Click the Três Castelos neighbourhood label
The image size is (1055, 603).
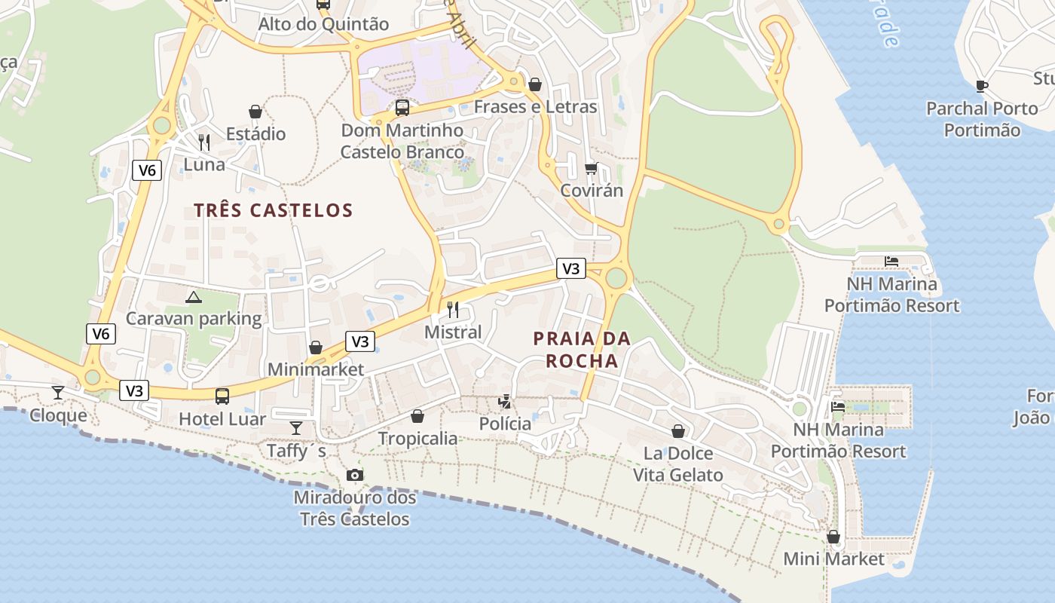click(x=274, y=210)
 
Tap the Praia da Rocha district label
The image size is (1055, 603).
click(x=582, y=350)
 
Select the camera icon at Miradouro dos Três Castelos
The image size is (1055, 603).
click(x=355, y=475)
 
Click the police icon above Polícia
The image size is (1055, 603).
click(x=504, y=402)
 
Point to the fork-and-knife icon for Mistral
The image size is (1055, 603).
click(x=453, y=309)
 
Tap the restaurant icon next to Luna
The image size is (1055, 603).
click(x=203, y=142)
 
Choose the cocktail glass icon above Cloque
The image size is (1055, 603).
click(x=58, y=392)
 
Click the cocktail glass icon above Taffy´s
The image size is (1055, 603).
click(x=296, y=428)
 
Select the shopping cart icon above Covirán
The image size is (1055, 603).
click(x=592, y=167)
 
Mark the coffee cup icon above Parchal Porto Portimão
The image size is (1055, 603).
click(x=981, y=86)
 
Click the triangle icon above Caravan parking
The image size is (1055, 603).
click(x=194, y=297)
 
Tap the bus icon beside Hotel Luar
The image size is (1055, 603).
click(x=222, y=396)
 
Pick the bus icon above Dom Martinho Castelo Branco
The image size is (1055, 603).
click(x=402, y=108)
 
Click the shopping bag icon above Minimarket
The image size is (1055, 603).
click(x=316, y=347)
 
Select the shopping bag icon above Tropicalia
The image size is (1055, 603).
click(x=417, y=416)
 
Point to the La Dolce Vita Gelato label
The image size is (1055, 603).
click(x=678, y=464)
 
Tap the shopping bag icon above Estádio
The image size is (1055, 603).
click(x=256, y=112)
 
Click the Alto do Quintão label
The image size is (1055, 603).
click(x=323, y=24)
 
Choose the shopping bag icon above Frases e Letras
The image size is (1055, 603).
click(x=535, y=84)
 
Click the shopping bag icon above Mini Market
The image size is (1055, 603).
click(x=833, y=537)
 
